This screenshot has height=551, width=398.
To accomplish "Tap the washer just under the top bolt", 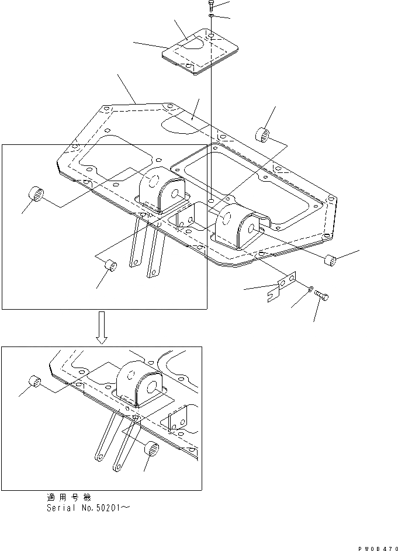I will [210, 16].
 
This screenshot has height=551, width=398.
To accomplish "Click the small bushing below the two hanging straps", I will [110, 266].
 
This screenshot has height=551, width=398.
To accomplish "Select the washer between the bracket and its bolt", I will [310, 289].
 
